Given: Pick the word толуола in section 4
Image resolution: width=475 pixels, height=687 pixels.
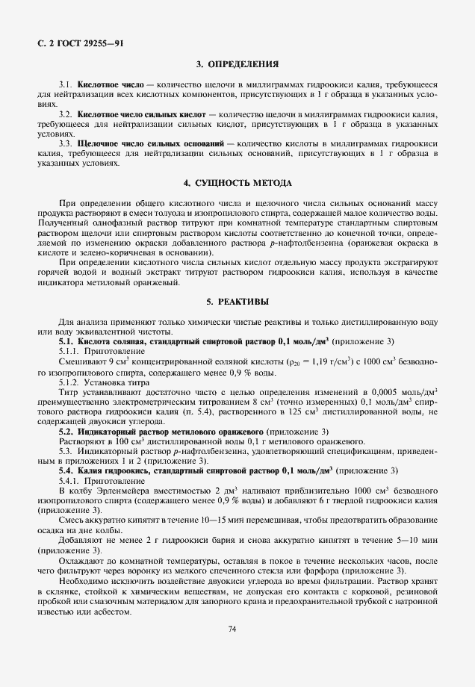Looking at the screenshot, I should [x=175, y=214].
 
